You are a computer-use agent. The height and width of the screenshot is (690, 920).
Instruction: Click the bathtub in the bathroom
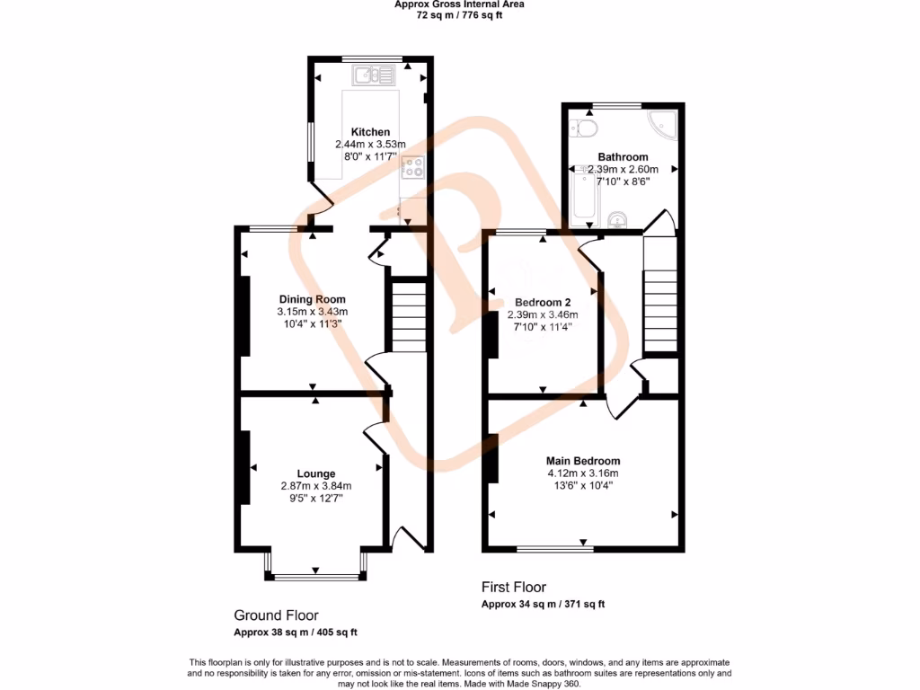(583, 198)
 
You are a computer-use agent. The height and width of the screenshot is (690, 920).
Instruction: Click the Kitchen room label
(370, 132)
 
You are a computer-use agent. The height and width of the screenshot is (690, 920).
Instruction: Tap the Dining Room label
(312, 300)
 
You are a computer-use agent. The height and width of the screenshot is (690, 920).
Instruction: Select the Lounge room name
(315, 473)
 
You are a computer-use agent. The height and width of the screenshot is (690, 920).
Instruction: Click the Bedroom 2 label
(543, 302)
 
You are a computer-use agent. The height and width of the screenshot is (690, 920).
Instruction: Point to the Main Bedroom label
(583, 461)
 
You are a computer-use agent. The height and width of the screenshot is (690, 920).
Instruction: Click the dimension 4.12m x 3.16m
(583, 473)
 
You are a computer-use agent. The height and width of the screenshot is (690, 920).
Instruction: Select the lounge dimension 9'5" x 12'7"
(315, 499)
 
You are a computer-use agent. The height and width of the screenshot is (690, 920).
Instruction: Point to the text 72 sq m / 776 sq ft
(460, 15)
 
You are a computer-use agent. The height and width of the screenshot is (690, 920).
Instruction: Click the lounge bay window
(315, 576)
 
